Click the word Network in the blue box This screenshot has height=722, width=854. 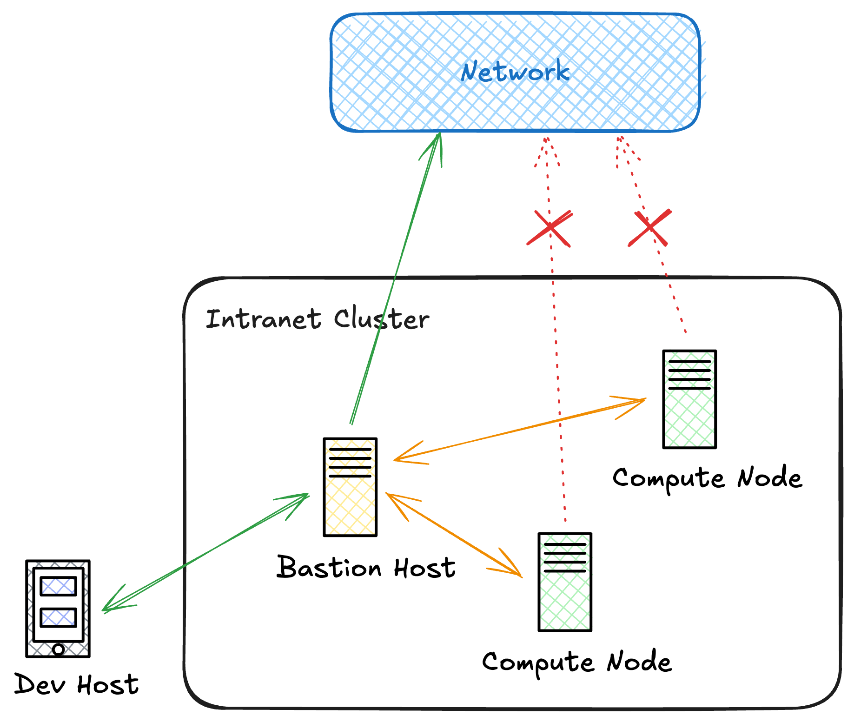point(515,72)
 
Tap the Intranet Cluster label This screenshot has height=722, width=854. point(317,319)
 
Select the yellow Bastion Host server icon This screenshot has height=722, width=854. point(350,487)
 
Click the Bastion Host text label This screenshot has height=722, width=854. point(366,568)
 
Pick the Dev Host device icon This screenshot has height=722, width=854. point(58,608)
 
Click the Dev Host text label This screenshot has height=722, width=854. point(77,684)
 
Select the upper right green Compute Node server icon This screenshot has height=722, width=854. point(689,399)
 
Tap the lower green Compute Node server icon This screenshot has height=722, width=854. point(564,582)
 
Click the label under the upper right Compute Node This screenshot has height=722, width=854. point(707,478)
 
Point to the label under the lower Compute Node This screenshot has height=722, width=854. point(577,662)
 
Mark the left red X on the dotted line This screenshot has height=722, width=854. point(549,228)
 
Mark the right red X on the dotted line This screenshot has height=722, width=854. point(650,227)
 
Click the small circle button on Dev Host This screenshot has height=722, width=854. point(58,649)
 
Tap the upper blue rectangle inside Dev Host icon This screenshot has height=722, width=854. point(58,586)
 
